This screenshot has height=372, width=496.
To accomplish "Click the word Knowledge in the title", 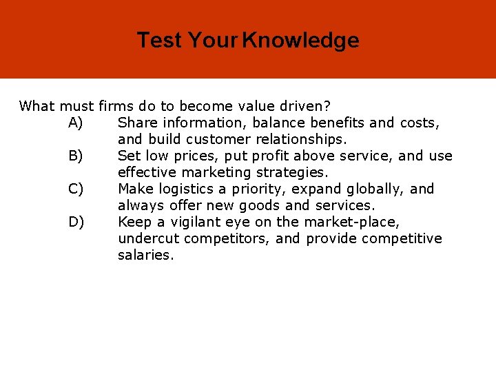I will [x=301, y=40].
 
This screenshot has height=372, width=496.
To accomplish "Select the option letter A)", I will [x=76, y=123].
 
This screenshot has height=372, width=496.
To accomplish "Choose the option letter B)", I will [x=76, y=156].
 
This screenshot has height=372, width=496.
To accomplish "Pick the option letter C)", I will [x=76, y=189].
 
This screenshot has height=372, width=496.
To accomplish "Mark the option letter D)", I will [x=76, y=222].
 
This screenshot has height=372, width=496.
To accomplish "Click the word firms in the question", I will [x=117, y=106].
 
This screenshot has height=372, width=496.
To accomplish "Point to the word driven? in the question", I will [x=304, y=106].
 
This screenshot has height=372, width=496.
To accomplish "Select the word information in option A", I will [x=202, y=123].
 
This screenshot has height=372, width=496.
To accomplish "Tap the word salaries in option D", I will [x=145, y=255].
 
